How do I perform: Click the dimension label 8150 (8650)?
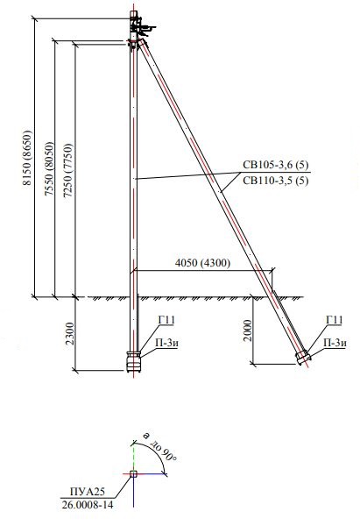[28, 158]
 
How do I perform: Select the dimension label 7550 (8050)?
[49, 168]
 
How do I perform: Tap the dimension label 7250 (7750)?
[68, 173]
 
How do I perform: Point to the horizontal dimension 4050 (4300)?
[203, 263]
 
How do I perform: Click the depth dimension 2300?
[70, 333]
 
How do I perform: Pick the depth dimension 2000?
[247, 331]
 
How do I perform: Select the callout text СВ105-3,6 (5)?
[276, 165]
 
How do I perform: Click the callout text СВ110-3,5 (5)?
[276, 181]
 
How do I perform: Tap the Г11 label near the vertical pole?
[166, 320]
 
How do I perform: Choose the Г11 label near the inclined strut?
[335, 320]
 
